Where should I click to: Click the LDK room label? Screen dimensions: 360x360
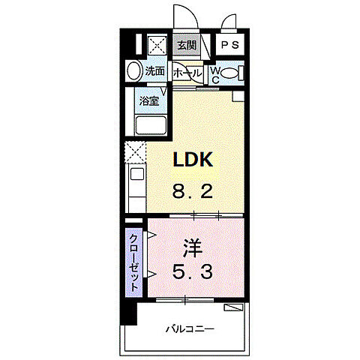tap(195, 160)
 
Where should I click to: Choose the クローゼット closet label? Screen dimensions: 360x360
tap(133, 263)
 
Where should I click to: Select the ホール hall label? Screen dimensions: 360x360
tap(186, 73)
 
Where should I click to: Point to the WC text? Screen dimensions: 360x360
tap(214, 73)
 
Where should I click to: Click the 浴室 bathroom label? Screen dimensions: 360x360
tap(148, 100)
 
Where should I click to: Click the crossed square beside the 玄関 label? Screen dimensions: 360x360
tap(158, 46)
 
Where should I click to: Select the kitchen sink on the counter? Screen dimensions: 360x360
tap(135, 176)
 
